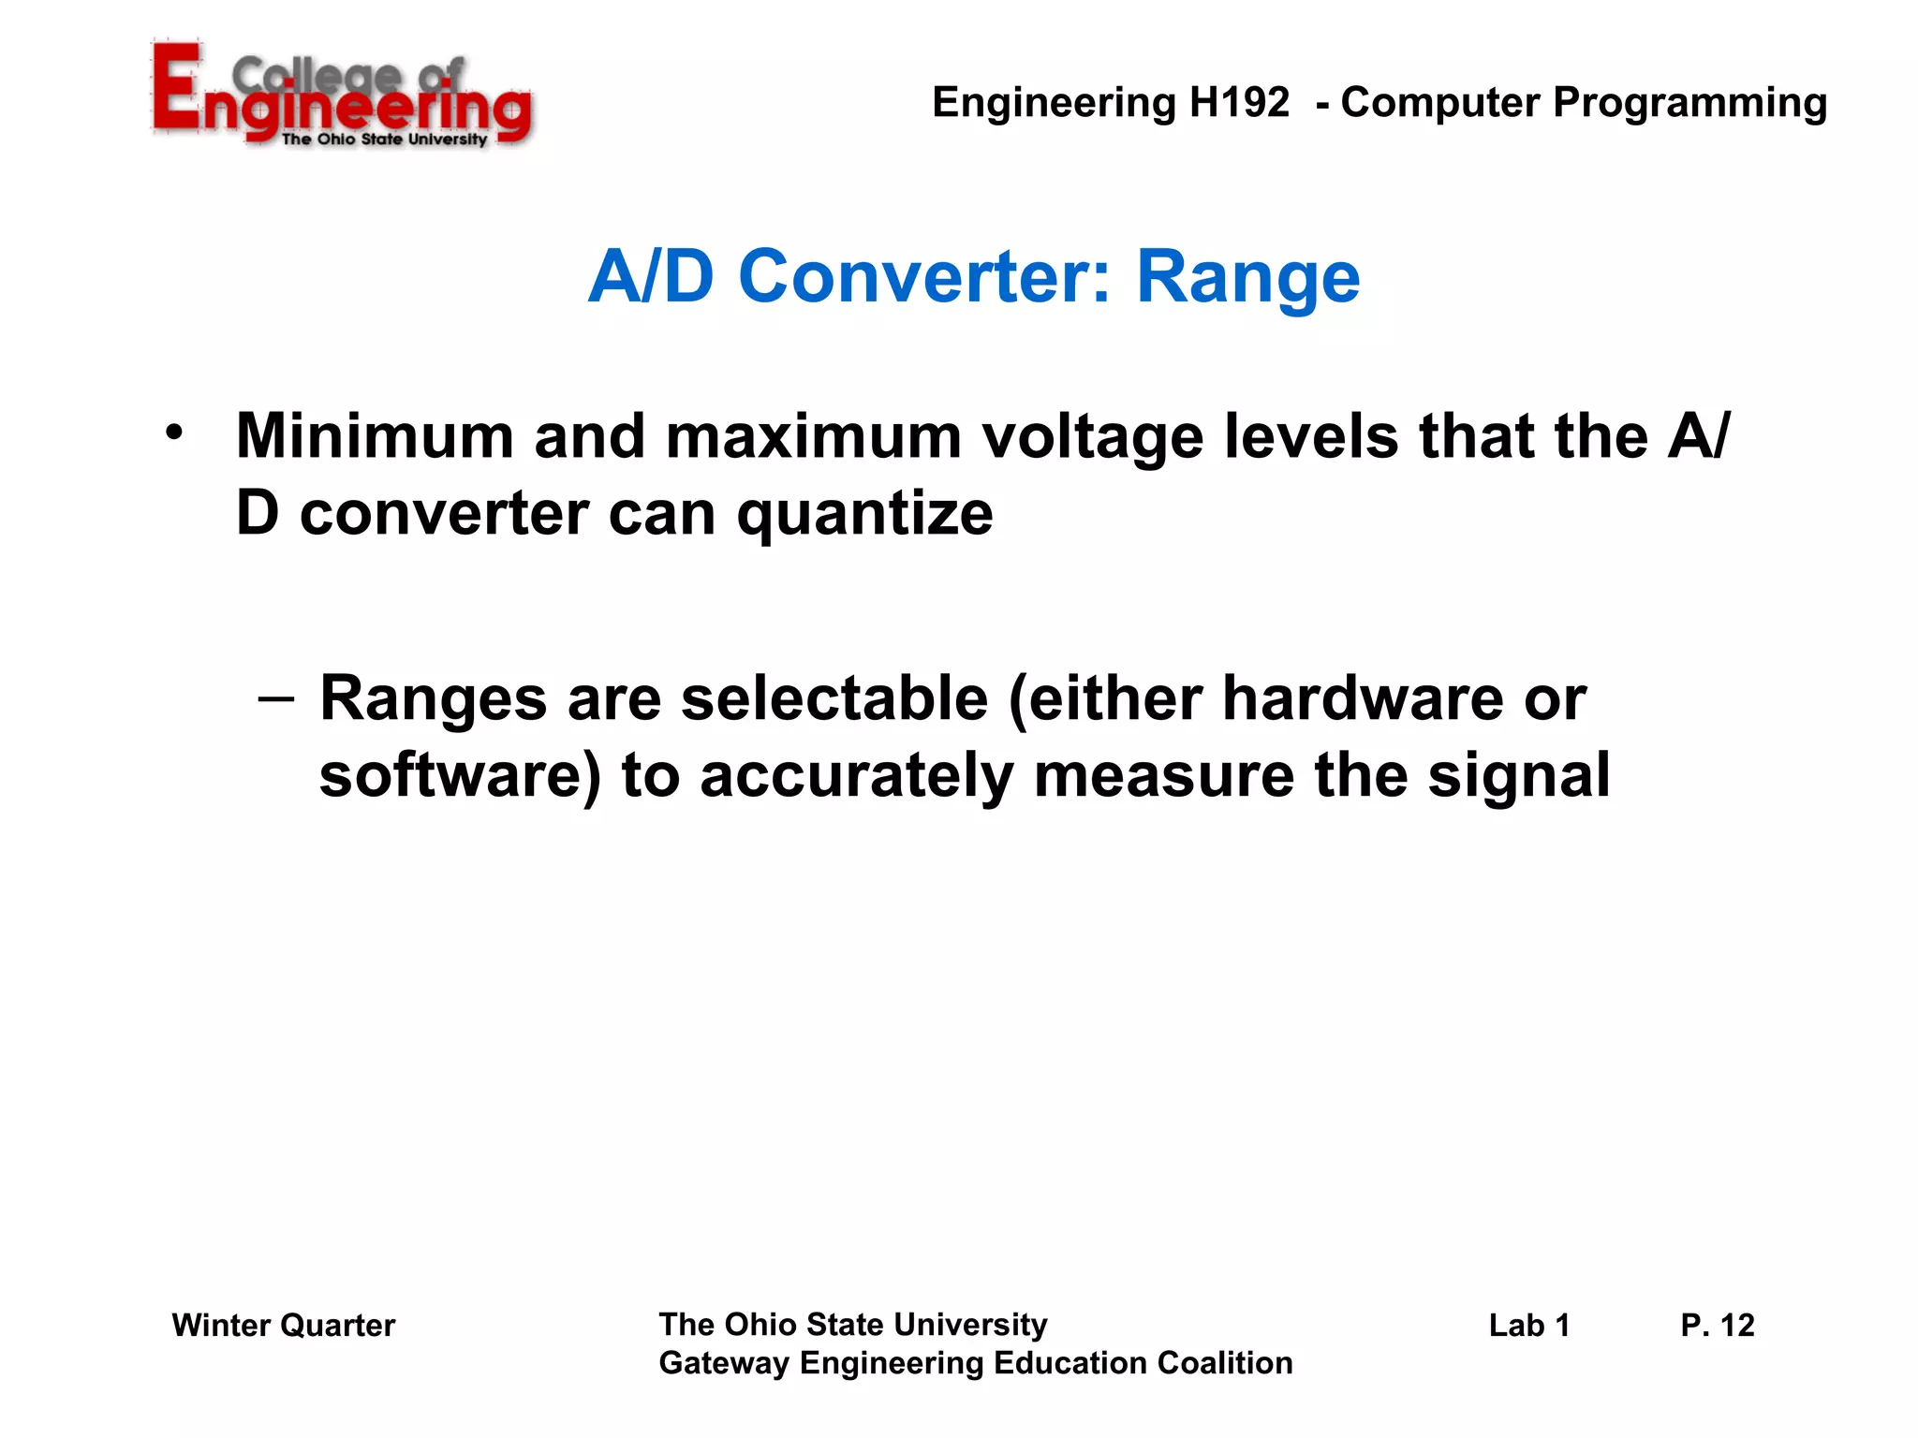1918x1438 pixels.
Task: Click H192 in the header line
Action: [x=1239, y=102]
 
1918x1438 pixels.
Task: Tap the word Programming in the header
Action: [x=1689, y=104]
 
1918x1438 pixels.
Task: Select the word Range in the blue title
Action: [x=1247, y=278]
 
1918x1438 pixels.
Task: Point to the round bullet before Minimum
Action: [x=173, y=433]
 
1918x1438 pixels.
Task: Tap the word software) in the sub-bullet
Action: [x=459, y=776]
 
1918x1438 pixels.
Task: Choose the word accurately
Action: [x=856, y=778]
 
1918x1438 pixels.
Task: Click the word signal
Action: [x=1518, y=778]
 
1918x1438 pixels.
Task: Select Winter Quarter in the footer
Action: [x=283, y=1326]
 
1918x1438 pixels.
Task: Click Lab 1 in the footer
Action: [x=1528, y=1326]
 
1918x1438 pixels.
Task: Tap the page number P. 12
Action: [x=1717, y=1326]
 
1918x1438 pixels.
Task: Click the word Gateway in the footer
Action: [x=724, y=1364]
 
